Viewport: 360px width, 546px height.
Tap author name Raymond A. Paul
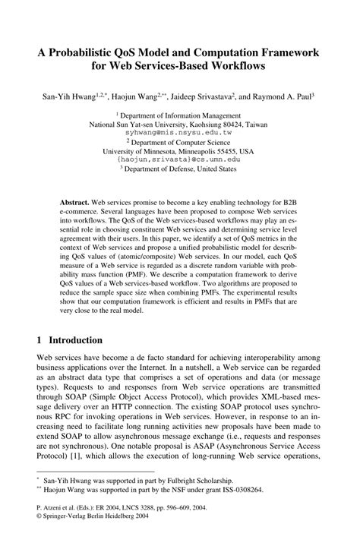tap(289, 98)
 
